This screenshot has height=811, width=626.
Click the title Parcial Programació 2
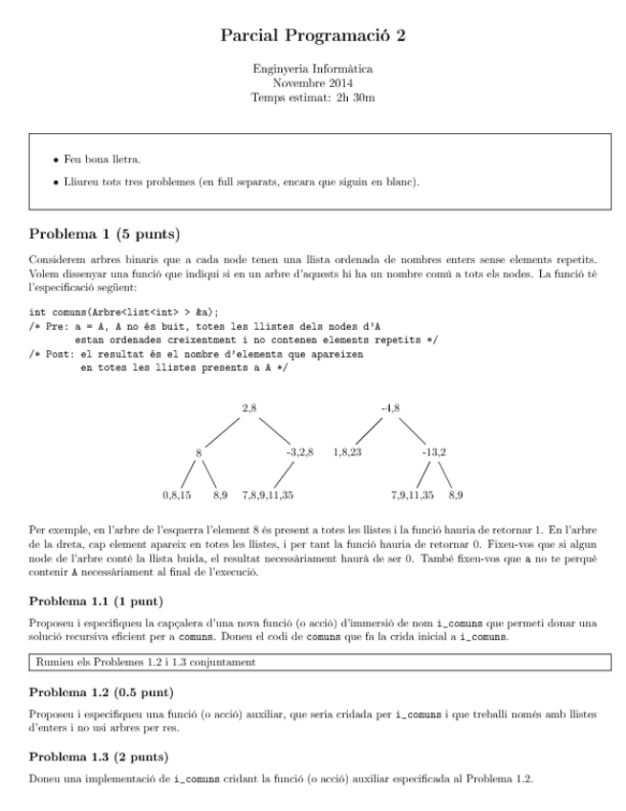313,35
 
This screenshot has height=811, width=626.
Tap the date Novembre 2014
313,83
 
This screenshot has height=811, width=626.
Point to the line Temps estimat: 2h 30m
313,97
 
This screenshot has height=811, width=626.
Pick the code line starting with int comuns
124,312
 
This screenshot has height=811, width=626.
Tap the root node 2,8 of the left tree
249,409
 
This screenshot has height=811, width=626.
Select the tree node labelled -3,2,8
299,450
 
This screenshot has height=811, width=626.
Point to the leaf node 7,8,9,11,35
268,495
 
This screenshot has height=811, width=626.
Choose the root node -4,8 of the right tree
390,409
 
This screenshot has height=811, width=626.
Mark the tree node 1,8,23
347,450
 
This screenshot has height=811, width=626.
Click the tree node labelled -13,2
435,450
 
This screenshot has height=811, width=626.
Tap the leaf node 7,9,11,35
412,495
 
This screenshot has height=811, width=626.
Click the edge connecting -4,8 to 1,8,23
367,430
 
